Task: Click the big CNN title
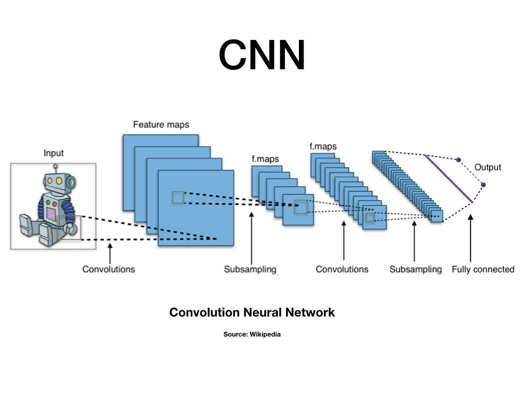pyautogui.click(x=262, y=55)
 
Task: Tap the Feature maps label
pyautogui.click(x=161, y=125)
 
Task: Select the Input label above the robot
pyautogui.click(x=54, y=153)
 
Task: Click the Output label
pyautogui.click(x=488, y=167)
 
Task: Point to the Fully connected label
pyautogui.click(x=482, y=269)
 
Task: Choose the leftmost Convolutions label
pyautogui.click(x=109, y=269)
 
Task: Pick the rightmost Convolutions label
pyautogui.click(x=341, y=269)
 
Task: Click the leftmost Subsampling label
pyautogui.click(x=250, y=269)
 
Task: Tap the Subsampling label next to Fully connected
pyautogui.click(x=415, y=269)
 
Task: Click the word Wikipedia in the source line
pyautogui.click(x=265, y=334)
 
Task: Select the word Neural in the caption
pyautogui.click(x=265, y=312)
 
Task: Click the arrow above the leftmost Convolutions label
pyautogui.click(x=109, y=252)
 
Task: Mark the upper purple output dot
pyautogui.click(x=458, y=160)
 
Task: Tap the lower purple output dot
pyautogui.click(x=483, y=184)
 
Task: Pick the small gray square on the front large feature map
pyautogui.click(x=178, y=198)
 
